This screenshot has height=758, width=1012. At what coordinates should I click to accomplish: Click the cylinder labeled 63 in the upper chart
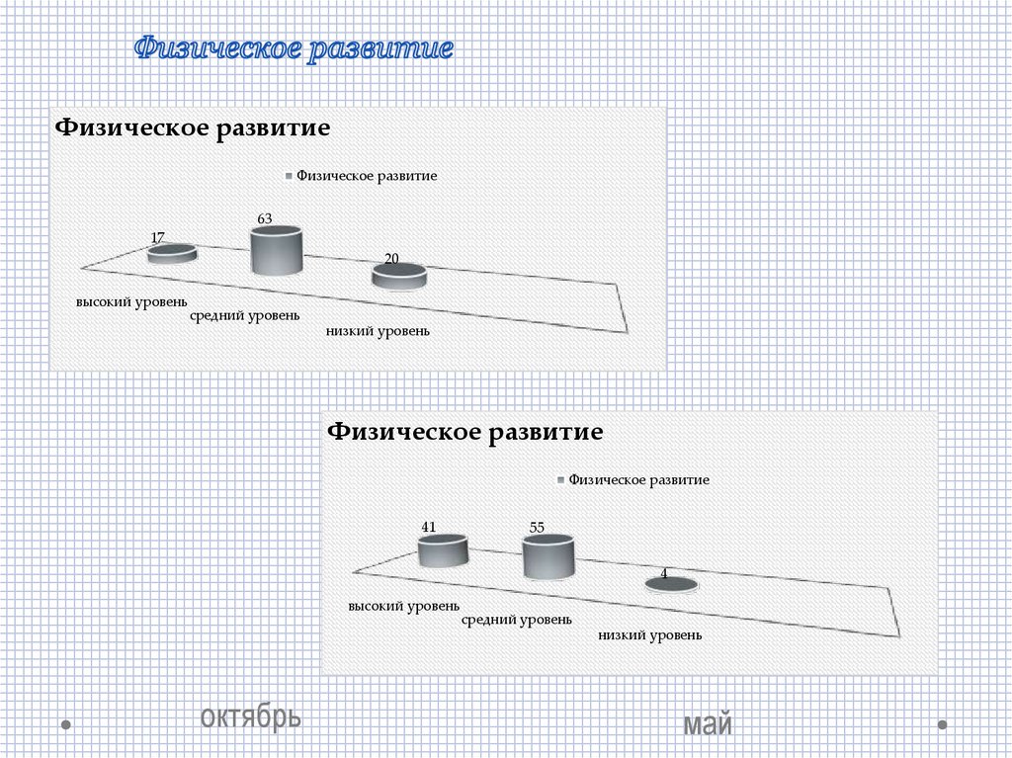(276, 251)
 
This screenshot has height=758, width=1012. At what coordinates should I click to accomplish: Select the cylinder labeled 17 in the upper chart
(172, 254)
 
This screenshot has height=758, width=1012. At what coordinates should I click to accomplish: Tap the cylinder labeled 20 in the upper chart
(399, 276)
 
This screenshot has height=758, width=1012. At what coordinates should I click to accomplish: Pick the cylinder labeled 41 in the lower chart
(442, 550)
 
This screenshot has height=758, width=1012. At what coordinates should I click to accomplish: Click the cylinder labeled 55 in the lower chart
(548, 557)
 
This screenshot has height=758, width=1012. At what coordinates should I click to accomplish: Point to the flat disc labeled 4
(672, 585)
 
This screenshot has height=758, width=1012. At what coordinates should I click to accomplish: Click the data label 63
(265, 217)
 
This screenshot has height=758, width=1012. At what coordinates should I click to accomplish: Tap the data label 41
(429, 527)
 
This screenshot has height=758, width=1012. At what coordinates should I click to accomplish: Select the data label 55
(538, 528)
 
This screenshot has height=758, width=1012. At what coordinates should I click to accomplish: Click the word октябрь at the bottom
(251, 716)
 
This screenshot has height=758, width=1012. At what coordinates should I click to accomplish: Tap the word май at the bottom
(708, 725)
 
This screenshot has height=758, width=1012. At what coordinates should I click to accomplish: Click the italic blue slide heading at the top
(295, 48)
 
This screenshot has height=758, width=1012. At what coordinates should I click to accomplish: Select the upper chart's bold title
(192, 128)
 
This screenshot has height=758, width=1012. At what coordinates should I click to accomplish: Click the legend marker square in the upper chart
(289, 176)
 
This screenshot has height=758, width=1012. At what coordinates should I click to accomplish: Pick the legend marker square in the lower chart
(561, 480)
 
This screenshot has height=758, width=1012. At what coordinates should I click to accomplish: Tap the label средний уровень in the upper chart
(244, 316)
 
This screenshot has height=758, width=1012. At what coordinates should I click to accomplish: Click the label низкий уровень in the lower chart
(650, 634)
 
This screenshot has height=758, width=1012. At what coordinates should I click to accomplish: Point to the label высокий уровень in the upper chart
(132, 301)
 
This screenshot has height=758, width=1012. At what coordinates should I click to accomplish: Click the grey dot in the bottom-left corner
(65, 724)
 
